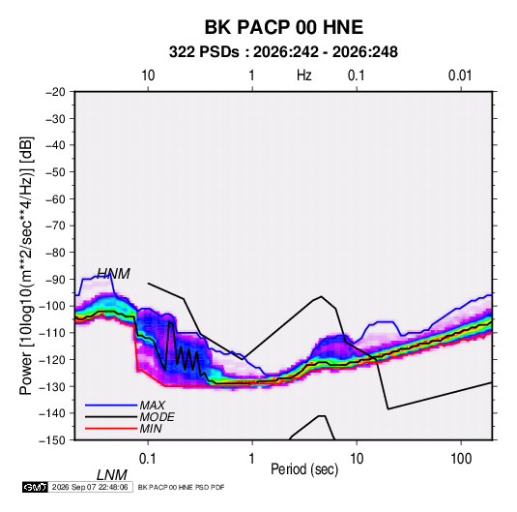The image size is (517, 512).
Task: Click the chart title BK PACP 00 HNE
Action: [x=284, y=27]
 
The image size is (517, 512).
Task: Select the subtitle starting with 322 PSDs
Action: [x=283, y=52]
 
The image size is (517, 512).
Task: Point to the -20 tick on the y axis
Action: [x=55, y=92]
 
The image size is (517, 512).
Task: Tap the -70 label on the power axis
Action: [x=55, y=226]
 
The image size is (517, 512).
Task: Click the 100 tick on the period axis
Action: [x=461, y=459]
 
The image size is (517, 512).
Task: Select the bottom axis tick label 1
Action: [x=252, y=459]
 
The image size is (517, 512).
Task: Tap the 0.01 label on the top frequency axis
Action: [x=460, y=75]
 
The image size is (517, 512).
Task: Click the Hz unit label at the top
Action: [x=304, y=75]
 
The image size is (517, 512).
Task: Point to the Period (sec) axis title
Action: [x=304, y=469]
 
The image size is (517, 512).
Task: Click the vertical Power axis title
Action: [x=26, y=266]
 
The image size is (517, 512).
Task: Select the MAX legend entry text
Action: [x=152, y=406]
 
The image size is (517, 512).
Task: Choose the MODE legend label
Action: [x=157, y=417]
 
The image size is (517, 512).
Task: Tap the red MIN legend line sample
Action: [x=111, y=429]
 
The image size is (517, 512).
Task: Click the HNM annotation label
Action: [x=113, y=274]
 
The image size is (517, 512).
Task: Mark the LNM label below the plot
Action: [x=112, y=475]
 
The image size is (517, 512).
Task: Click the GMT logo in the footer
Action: [x=36, y=487]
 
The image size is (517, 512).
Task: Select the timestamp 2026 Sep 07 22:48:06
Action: [x=90, y=487]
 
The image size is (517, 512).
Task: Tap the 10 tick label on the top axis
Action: [x=148, y=75]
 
